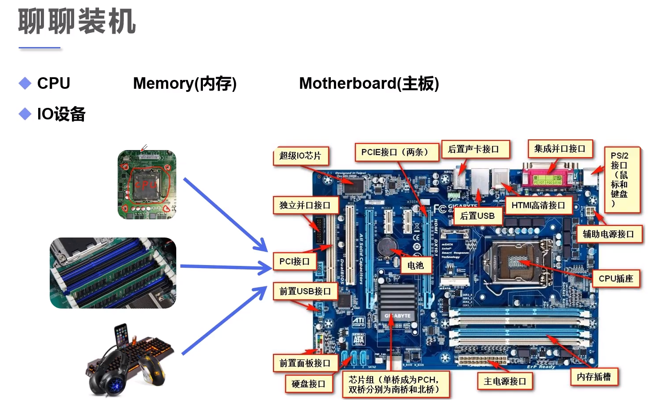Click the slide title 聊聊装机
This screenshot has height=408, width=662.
point(77,21)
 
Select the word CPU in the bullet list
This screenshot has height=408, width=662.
point(54,83)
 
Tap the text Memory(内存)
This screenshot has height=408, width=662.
point(185,83)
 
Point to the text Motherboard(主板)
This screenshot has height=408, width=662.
point(369,83)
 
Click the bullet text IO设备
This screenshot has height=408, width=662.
point(61,114)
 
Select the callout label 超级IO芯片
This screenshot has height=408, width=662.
point(300,156)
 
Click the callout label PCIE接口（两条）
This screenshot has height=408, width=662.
point(395,152)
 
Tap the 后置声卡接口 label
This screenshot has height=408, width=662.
point(474,149)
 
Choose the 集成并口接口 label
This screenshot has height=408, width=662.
point(559,149)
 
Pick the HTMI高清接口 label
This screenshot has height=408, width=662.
point(538,205)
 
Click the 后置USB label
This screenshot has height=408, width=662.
point(477,216)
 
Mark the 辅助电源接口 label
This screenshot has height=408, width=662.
point(608,234)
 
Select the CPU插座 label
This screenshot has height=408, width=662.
point(616,279)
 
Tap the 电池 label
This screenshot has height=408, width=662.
point(416,265)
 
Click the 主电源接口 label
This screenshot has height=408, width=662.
point(505,381)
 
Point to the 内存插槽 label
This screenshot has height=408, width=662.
point(594,377)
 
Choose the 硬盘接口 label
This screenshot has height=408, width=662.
point(309,384)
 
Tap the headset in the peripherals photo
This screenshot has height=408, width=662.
point(107,377)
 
